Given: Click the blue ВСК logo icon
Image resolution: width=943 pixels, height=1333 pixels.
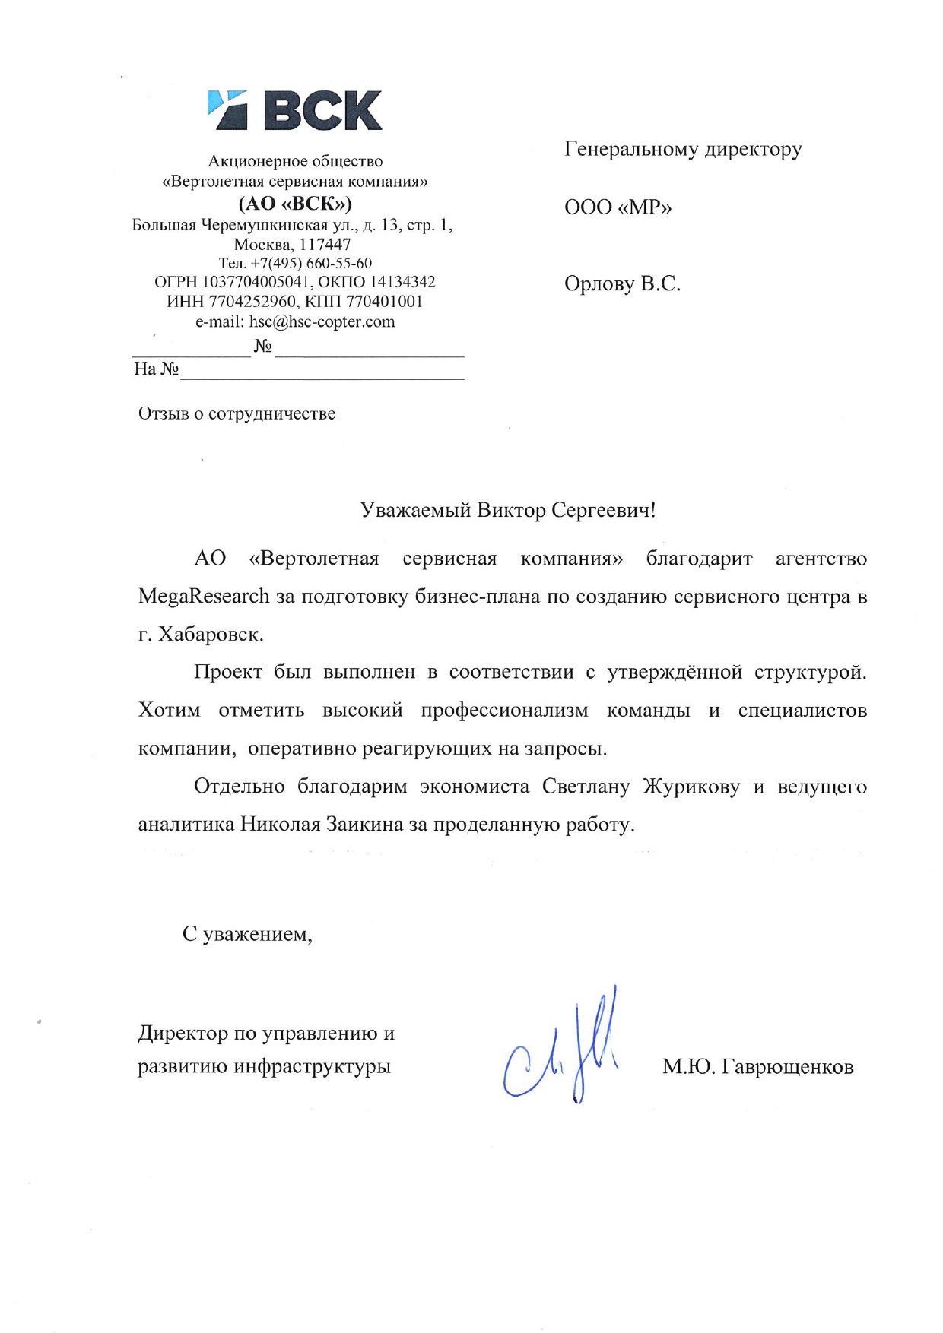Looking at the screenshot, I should pyautogui.click(x=227, y=111).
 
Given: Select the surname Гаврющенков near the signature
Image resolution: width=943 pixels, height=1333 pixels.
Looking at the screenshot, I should pyautogui.click(x=787, y=1068).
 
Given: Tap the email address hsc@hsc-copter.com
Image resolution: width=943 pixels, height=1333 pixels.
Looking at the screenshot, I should pyautogui.click(x=322, y=321).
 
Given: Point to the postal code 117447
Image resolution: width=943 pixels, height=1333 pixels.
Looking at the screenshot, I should pyautogui.click(x=325, y=245).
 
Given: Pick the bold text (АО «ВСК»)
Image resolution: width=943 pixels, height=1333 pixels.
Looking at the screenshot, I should pyautogui.click(x=295, y=204).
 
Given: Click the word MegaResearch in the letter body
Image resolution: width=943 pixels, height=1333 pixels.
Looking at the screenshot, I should pyautogui.click(x=204, y=597).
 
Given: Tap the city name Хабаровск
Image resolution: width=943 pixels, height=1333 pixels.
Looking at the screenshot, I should pyautogui.click(x=211, y=635).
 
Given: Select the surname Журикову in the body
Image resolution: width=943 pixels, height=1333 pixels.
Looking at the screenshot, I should pyautogui.click(x=691, y=787).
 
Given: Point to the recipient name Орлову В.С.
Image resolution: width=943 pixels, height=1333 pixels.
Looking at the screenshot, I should pyautogui.click(x=622, y=284).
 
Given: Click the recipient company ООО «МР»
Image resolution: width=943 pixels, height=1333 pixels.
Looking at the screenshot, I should pyautogui.click(x=618, y=207).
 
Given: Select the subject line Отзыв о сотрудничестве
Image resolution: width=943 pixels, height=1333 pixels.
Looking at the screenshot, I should pyautogui.click(x=237, y=414).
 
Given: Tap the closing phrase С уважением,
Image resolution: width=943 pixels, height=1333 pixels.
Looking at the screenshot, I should pyautogui.click(x=247, y=934).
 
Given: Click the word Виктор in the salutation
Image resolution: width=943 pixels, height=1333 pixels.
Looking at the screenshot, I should pyautogui.click(x=510, y=510).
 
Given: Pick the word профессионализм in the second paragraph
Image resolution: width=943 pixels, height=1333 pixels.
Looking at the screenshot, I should pyautogui.click(x=504, y=711).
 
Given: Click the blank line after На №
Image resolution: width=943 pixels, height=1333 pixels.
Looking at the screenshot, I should pyautogui.click(x=322, y=372).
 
